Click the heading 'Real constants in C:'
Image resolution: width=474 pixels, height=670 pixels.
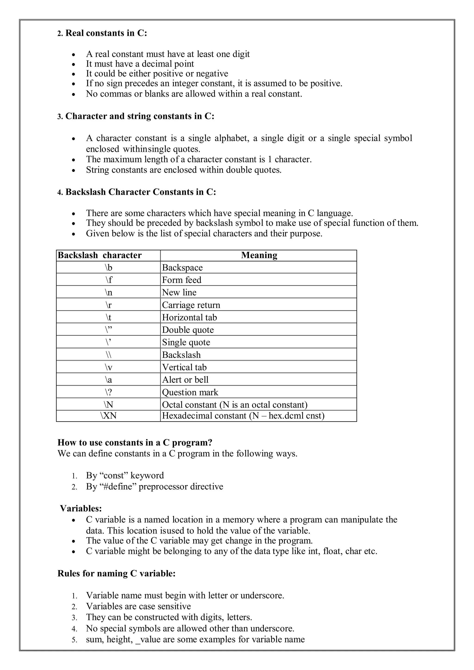pyautogui.click(x=106, y=33)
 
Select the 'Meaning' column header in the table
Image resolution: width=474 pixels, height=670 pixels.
pyautogui.click(x=259, y=255)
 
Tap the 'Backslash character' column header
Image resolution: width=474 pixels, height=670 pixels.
pyautogui.click(x=100, y=255)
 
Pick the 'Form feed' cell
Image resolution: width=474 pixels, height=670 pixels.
pyautogui.click(x=181, y=280)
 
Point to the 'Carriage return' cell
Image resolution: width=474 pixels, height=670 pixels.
pyautogui.click(x=191, y=305)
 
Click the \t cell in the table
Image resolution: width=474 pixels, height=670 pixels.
pyautogui.click(x=108, y=317)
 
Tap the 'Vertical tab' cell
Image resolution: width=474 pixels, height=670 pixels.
pyautogui.click(x=184, y=367)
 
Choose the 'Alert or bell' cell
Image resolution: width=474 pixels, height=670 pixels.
pyautogui.click(x=185, y=380)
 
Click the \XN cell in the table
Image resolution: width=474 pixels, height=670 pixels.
pyautogui.click(x=108, y=416)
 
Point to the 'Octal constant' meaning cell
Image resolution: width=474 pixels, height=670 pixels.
pyautogui.click(x=234, y=405)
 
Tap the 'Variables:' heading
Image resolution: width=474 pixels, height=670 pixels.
pyautogui.click(x=81, y=509)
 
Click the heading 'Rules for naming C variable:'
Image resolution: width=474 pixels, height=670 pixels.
pyautogui.click(x=116, y=574)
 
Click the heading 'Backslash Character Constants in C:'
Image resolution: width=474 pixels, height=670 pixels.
pyautogui.click(x=140, y=192)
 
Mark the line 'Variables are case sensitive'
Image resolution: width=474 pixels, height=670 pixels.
pyautogui.click(x=138, y=606)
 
